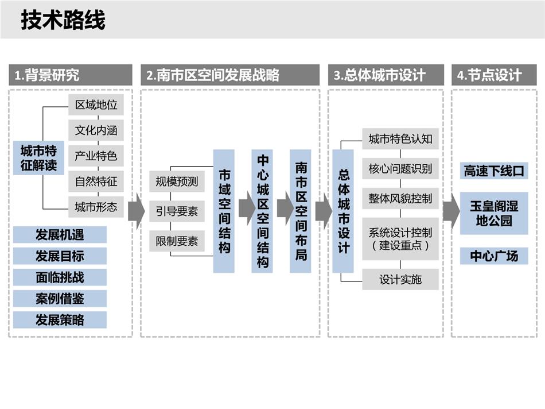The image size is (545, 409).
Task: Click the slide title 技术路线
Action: click(63, 20)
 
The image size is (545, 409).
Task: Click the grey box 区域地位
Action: click(96, 105)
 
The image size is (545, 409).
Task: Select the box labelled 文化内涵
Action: click(96, 130)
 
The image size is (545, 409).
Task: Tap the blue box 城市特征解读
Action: click(38, 157)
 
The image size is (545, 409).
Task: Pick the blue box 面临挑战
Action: click(60, 277)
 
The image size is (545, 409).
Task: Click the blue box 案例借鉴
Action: click(60, 298)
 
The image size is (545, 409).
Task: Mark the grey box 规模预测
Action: click(177, 182)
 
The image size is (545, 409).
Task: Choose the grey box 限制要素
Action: click(177, 241)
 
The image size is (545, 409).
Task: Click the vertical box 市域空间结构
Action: click(224, 211)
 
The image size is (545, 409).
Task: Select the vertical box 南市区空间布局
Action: click(301, 211)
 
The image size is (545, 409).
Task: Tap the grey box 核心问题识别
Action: click(400, 169)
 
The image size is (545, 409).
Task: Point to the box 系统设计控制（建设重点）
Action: click(400, 239)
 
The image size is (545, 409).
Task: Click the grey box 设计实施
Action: click(400, 279)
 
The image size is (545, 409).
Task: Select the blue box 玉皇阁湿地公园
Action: click(494, 213)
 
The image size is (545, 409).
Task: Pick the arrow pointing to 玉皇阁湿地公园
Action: click(452, 211)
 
